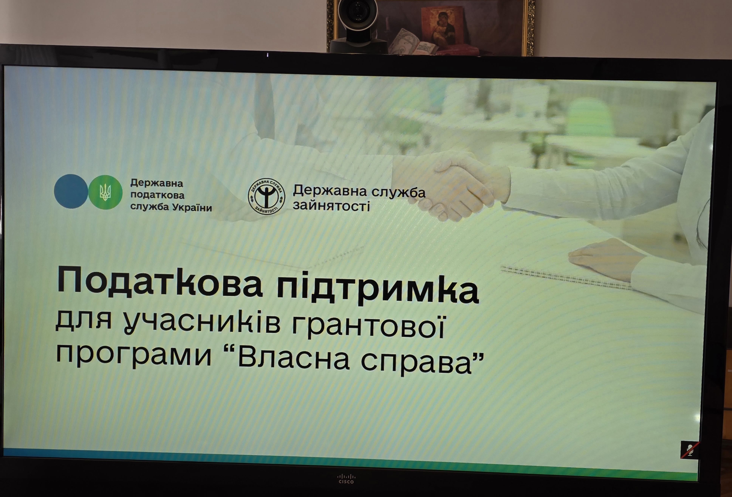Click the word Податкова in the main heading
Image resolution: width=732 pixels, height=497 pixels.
(x=159, y=281)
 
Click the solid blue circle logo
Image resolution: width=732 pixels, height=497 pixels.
(x=71, y=191)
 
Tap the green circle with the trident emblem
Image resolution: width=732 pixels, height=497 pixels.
(x=105, y=192)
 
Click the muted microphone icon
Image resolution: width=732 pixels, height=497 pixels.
(x=690, y=450)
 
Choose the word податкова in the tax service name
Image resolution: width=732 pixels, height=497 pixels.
(x=157, y=195)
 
